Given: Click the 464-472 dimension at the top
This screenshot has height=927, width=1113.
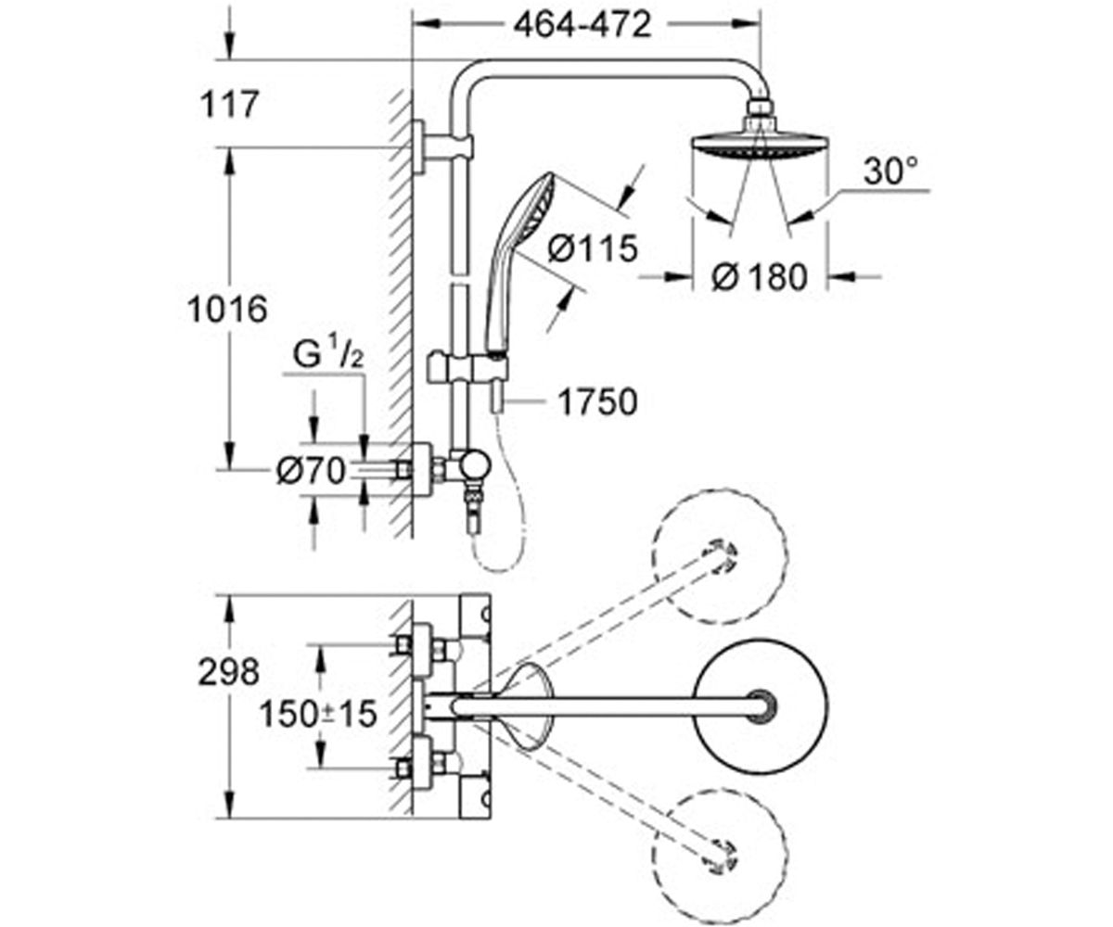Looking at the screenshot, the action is tap(582, 25).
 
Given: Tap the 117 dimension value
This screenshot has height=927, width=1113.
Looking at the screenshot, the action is tap(229, 104).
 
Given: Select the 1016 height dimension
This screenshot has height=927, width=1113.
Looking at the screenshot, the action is tap(227, 309).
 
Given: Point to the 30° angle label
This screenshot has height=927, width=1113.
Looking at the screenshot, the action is tap(890, 171).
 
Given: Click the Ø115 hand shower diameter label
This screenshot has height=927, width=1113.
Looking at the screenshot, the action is tap(593, 248).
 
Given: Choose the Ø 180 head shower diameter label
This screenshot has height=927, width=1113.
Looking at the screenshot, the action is tap(760, 277).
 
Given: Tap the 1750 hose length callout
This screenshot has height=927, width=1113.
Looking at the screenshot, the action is tap(597, 401).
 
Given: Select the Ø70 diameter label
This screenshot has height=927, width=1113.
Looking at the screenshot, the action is tap(312, 471).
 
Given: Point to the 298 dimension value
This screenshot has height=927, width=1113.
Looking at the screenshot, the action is tap(229, 672).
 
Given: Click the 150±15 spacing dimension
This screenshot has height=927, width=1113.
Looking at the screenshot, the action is tap(318, 714).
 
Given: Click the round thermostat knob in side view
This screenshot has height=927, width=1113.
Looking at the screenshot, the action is tap(475, 465).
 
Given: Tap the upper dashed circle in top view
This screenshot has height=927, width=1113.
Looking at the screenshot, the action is tap(719, 557).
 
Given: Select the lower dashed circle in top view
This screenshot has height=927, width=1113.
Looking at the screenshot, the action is tap(721, 857).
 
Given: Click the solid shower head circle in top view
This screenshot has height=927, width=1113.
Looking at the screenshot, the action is tap(761, 706).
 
